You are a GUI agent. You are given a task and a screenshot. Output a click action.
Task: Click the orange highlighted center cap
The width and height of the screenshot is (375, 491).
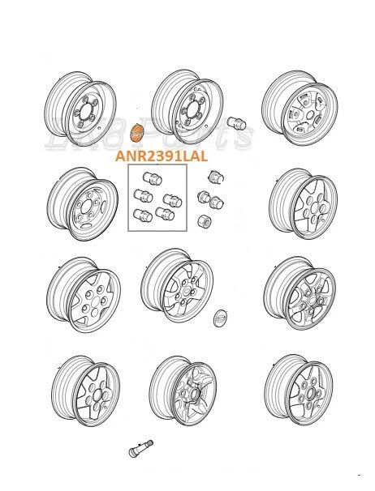click(x=137, y=132)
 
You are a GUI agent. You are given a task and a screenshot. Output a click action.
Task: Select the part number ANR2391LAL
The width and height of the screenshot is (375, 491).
click(x=161, y=155)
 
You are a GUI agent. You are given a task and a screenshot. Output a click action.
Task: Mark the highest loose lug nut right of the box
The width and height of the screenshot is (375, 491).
click(x=216, y=177)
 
